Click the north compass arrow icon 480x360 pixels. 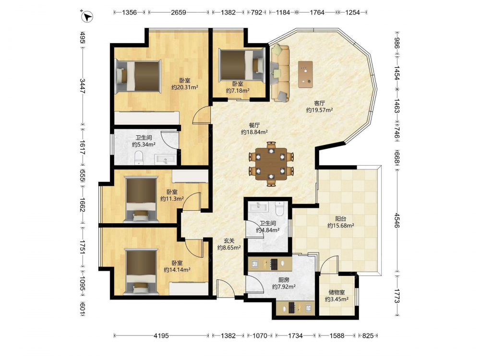tap(87, 16)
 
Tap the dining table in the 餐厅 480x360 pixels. tap(271, 164)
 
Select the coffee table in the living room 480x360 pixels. tap(305, 74)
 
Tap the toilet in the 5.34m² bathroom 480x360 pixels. tap(139, 157)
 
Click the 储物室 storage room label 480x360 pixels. tap(336, 292)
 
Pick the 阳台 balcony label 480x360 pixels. tap(341, 219)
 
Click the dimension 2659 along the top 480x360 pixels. tap(179, 12)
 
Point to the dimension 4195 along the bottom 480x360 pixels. tap(161, 336)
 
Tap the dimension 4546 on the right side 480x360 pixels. tap(396, 220)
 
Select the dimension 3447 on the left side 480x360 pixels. tap(83, 86)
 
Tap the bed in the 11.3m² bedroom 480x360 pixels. tap(141, 199)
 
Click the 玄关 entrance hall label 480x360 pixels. tap(229, 241)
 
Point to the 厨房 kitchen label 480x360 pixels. tap(284, 280)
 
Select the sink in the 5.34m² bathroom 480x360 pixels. tap(165, 159)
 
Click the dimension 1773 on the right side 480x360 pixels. tap(396, 296)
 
